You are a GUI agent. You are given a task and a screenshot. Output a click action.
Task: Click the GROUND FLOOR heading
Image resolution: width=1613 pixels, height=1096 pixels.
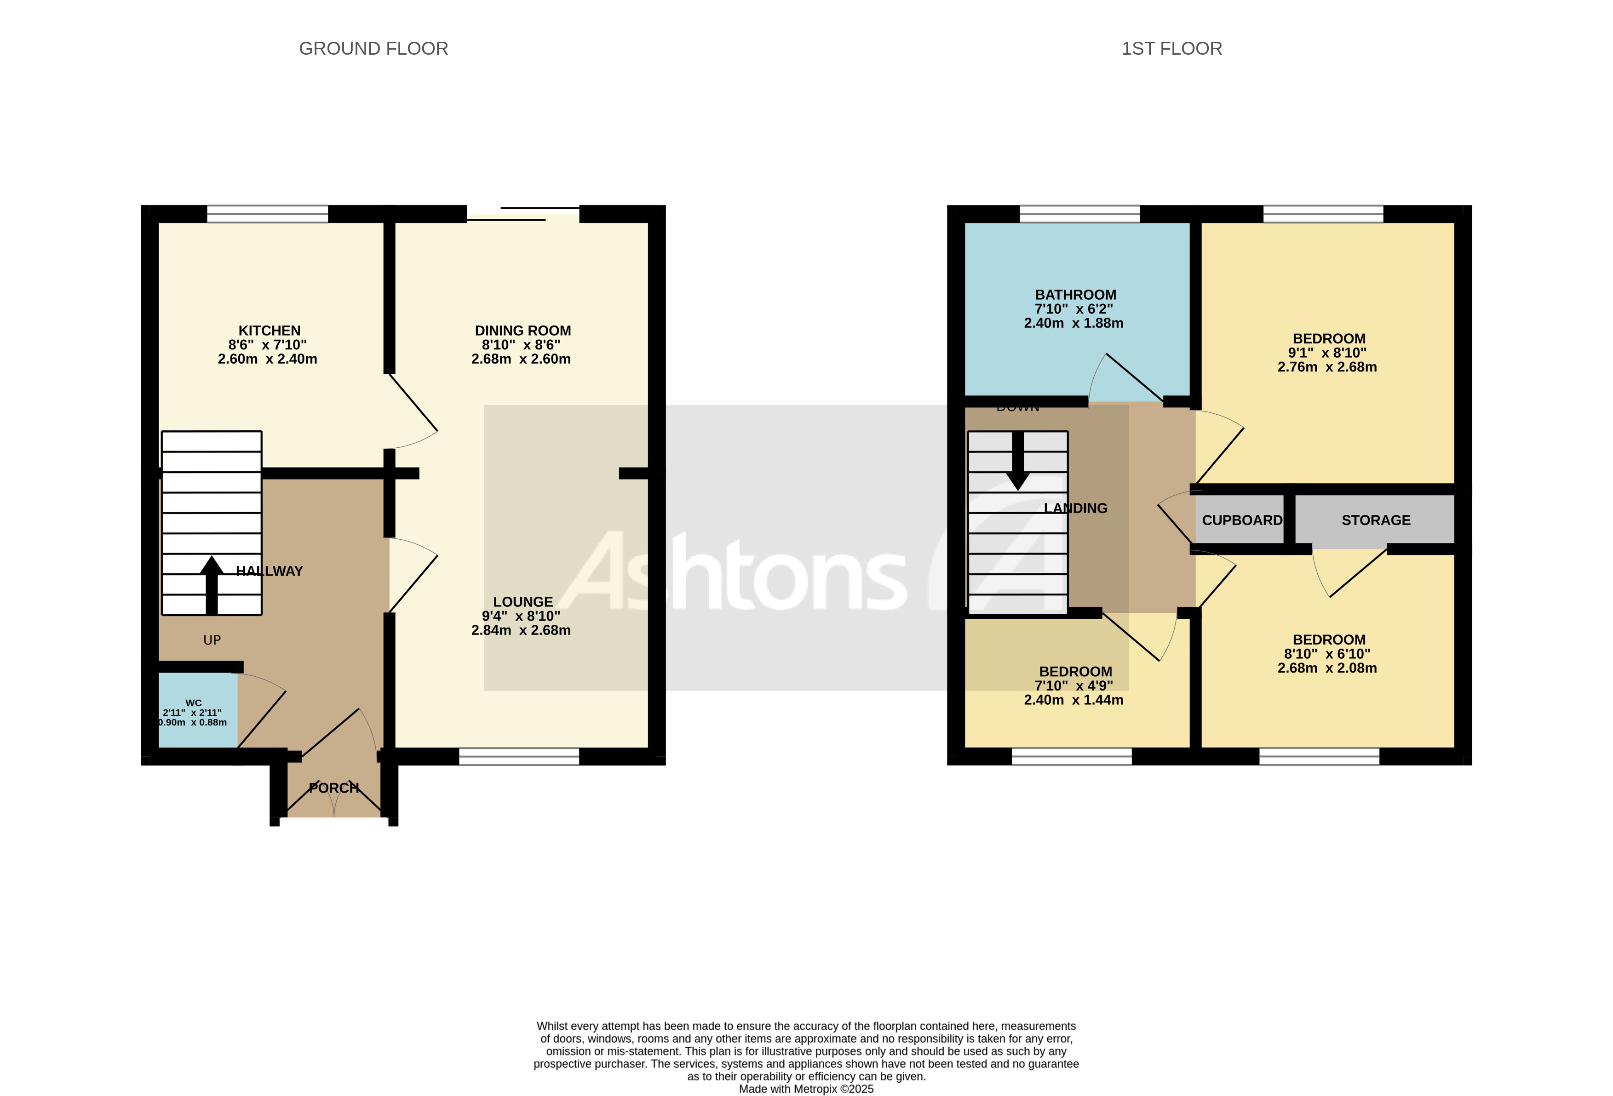[x=373, y=49]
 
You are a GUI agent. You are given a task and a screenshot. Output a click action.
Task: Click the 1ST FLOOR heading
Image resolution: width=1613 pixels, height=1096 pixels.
[x=1171, y=49]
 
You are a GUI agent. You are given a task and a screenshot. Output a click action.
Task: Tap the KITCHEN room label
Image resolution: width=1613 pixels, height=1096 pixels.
[x=270, y=331]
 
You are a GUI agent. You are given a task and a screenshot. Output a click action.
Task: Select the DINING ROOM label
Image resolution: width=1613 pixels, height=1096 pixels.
[x=522, y=331]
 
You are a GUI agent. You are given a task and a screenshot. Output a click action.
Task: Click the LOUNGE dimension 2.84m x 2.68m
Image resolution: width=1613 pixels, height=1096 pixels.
[x=521, y=631]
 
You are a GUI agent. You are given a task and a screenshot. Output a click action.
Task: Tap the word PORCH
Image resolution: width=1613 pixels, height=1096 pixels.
[x=334, y=788]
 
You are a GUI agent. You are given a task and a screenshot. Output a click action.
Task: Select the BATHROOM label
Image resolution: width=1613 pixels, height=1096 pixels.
[x=1075, y=295]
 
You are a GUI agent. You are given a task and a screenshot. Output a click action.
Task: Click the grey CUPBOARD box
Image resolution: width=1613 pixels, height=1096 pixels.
[x=1241, y=520]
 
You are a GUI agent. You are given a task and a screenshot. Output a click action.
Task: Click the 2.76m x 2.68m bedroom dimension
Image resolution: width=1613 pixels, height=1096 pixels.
[x=1327, y=367]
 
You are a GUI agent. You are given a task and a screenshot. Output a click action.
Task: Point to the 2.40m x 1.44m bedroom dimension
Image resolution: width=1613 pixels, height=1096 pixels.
[x=1073, y=700]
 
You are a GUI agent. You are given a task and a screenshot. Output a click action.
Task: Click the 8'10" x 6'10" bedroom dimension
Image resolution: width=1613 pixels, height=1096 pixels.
[x=1327, y=654]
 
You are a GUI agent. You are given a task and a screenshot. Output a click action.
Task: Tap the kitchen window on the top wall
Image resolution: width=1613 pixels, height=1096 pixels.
[x=267, y=214]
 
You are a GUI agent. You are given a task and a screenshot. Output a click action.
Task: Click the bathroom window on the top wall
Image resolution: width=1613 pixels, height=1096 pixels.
[x=1079, y=214]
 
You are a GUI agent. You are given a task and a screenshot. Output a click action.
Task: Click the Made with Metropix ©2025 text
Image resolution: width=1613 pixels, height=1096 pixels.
[x=806, y=1089]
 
